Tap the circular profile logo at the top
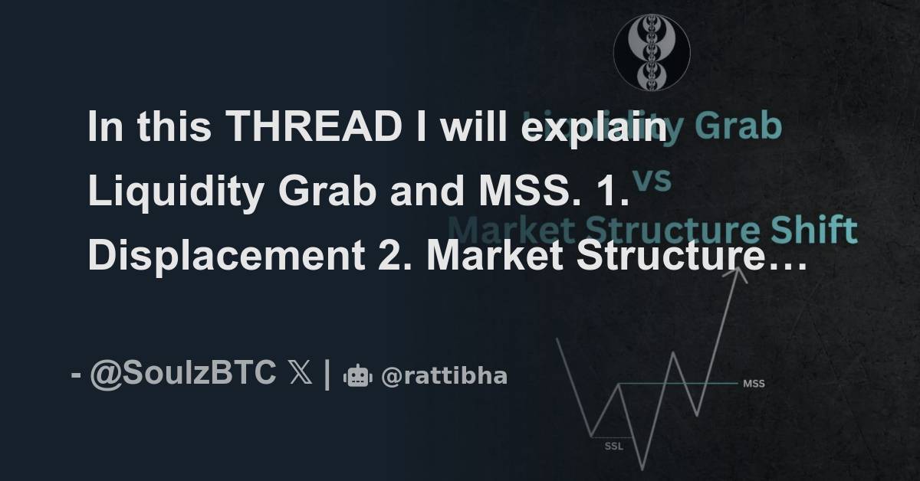(x=652, y=53)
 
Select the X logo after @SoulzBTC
(x=300, y=374)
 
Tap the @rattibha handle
(x=444, y=376)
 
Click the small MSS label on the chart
(x=754, y=383)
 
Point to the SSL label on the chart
(x=614, y=447)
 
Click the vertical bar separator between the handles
(x=327, y=374)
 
